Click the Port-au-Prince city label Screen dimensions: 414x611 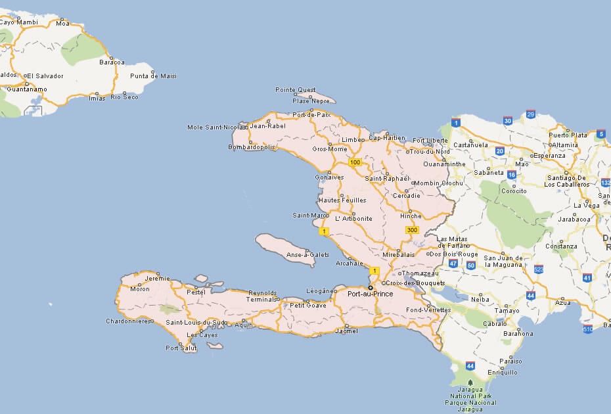(x=370, y=294)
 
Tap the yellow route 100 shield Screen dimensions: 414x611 (x=355, y=162)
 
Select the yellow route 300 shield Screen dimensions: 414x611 (x=412, y=230)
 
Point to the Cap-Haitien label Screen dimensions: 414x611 (x=387, y=138)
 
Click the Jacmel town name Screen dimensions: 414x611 (x=346, y=331)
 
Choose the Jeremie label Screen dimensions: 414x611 (x=157, y=279)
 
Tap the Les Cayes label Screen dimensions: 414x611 (x=202, y=335)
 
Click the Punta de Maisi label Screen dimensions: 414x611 (x=153, y=76)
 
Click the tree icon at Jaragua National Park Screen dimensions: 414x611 (x=470, y=382)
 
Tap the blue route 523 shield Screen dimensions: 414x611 (x=539, y=269)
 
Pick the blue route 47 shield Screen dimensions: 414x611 (x=453, y=264)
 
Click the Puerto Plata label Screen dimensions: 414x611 (x=568, y=135)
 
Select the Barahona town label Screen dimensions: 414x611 (x=518, y=334)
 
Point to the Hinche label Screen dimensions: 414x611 (x=410, y=216)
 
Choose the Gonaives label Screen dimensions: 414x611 (x=329, y=177)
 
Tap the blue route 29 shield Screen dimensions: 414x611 (x=531, y=114)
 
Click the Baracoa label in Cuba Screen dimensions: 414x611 (x=112, y=62)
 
